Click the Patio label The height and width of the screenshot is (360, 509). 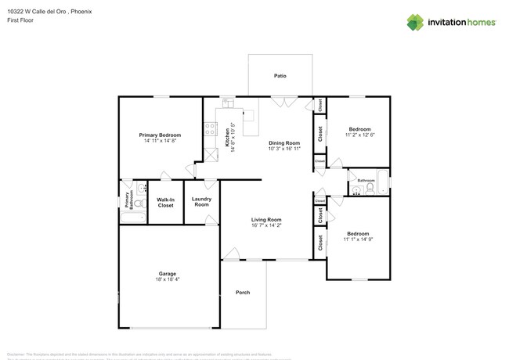[280, 76]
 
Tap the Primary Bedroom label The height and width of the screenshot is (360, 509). [160, 135]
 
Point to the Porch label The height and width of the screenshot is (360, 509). [243, 293]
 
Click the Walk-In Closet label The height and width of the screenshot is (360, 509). [165, 202]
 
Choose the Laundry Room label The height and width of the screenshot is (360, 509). [201, 202]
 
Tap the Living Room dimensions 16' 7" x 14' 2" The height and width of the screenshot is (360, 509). [266, 225]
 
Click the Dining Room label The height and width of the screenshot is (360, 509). [284, 143]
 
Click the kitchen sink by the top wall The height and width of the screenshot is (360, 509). [228, 102]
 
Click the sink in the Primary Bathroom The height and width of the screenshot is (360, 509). [140, 187]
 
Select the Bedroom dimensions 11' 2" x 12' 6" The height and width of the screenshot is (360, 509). [360, 135]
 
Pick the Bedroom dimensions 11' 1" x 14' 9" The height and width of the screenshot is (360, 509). [359, 239]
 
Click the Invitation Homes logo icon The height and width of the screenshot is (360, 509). [416, 22]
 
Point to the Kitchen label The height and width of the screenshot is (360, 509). [228, 138]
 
